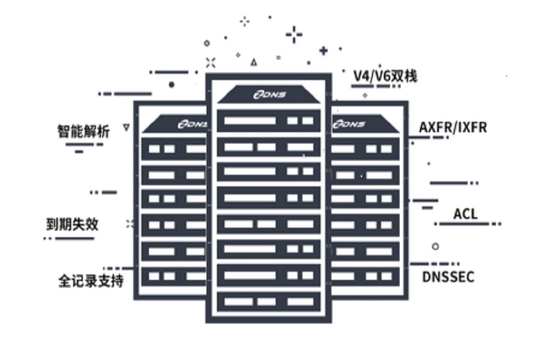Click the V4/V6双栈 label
(385, 76)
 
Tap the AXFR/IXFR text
(453, 127)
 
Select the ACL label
(465, 214)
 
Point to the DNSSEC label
(448, 277)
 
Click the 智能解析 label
(83, 131)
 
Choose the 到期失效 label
(72, 224)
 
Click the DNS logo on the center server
(269, 95)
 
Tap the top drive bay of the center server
(269, 121)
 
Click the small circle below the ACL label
(435, 247)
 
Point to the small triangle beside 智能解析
(126, 128)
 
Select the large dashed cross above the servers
(294, 34)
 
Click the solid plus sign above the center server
(323, 50)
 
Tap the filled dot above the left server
(171, 84)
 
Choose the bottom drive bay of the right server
(365, 276)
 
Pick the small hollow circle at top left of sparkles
(207, 43)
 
